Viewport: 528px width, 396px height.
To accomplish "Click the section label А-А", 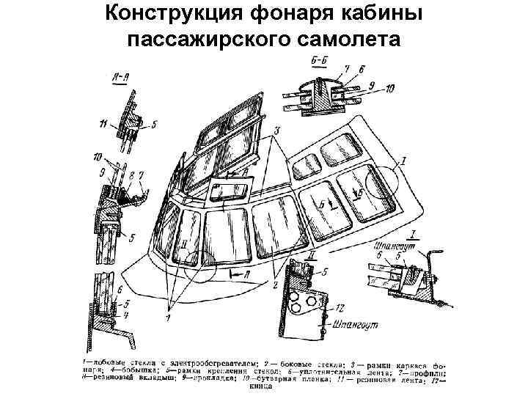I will [x=122, y=76].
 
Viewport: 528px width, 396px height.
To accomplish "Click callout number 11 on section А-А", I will [x=103, y=121].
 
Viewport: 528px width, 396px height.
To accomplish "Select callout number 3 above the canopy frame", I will [x=276, y=130].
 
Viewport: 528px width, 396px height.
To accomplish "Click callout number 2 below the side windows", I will [x=275, y=283].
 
